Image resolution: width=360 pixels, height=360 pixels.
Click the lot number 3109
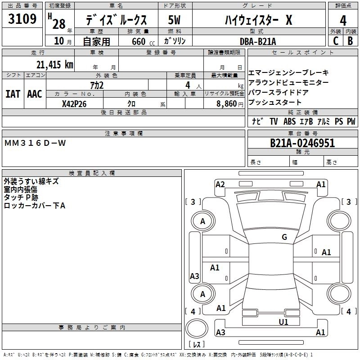tap(22, 19)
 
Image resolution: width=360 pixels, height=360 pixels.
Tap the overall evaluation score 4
tap(343, 21)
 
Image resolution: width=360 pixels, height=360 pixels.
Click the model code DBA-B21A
tap(264, 41)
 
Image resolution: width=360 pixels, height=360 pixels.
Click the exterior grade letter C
tap(335, 41)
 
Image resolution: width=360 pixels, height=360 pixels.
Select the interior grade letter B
tap(350, 41)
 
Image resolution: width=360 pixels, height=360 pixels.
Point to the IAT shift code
tap(13, 94)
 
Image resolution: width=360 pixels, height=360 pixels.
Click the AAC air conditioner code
tap(35, 94)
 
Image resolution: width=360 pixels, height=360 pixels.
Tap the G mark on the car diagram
tap(284, 237)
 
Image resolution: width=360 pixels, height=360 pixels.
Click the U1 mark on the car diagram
tap(283, 322)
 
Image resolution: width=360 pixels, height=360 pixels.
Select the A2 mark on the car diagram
tap(220, 184)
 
